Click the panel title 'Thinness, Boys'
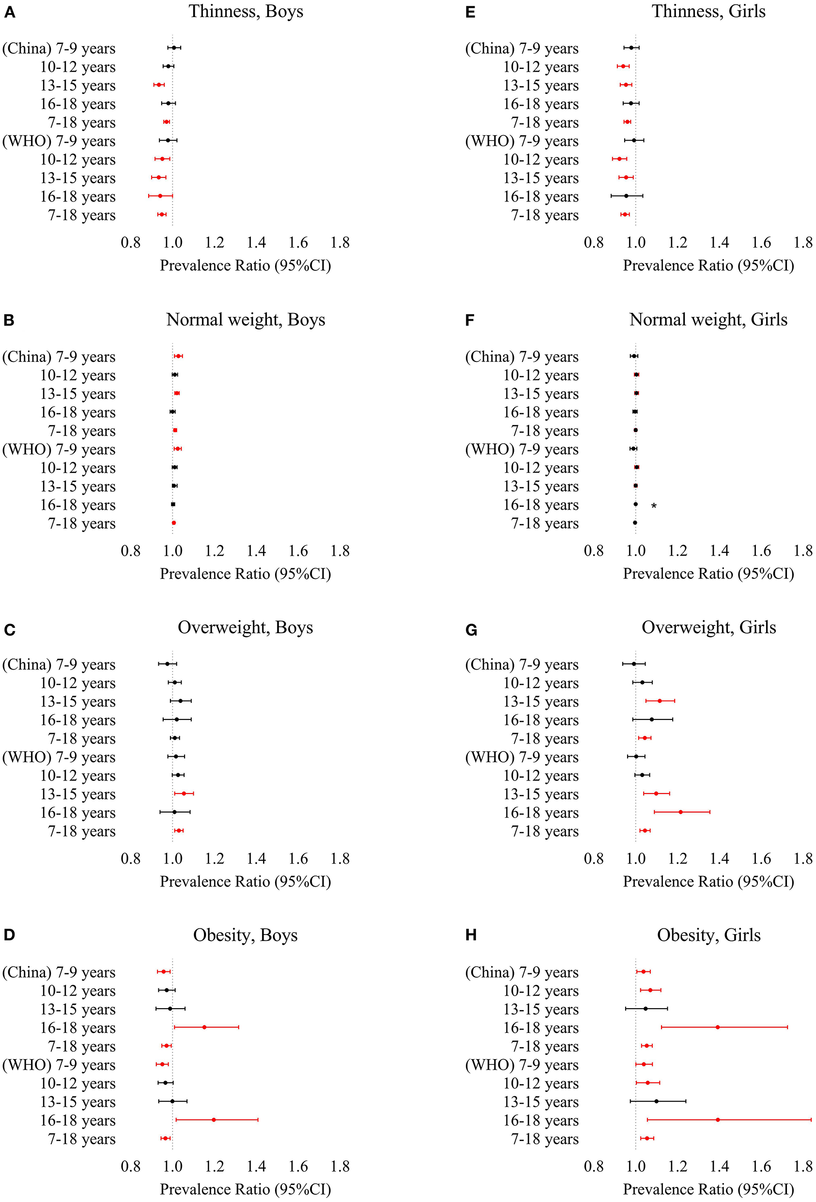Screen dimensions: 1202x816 (246, 11)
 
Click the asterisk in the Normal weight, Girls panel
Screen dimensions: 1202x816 (654, 506)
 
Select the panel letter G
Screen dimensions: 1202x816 (471, 630)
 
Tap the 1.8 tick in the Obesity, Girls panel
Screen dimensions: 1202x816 (803, 1166)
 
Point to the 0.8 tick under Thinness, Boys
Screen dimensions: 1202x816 (130, 243)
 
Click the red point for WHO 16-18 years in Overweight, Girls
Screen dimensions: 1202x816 (680, 812)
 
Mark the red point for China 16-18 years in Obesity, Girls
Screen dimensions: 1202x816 (718, 1027)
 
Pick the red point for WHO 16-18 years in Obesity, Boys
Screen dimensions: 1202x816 (214, 1120)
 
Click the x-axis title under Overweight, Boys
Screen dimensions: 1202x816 (245, 881)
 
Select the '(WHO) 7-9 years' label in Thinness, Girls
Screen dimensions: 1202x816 (522, 141)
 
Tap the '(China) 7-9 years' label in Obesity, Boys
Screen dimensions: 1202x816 (59, 972)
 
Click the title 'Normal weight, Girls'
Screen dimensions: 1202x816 (708, 320)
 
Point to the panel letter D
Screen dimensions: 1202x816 (9, 935)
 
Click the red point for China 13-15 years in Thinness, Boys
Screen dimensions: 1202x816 (159, 84)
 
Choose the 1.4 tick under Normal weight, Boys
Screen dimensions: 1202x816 (256, 551)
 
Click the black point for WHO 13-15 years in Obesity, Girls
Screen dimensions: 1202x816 (656, 1101)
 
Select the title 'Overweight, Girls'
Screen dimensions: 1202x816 (708, 627)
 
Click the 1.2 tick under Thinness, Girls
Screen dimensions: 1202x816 (677, 243)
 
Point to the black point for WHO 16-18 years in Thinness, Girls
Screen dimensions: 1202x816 (626, 196)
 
